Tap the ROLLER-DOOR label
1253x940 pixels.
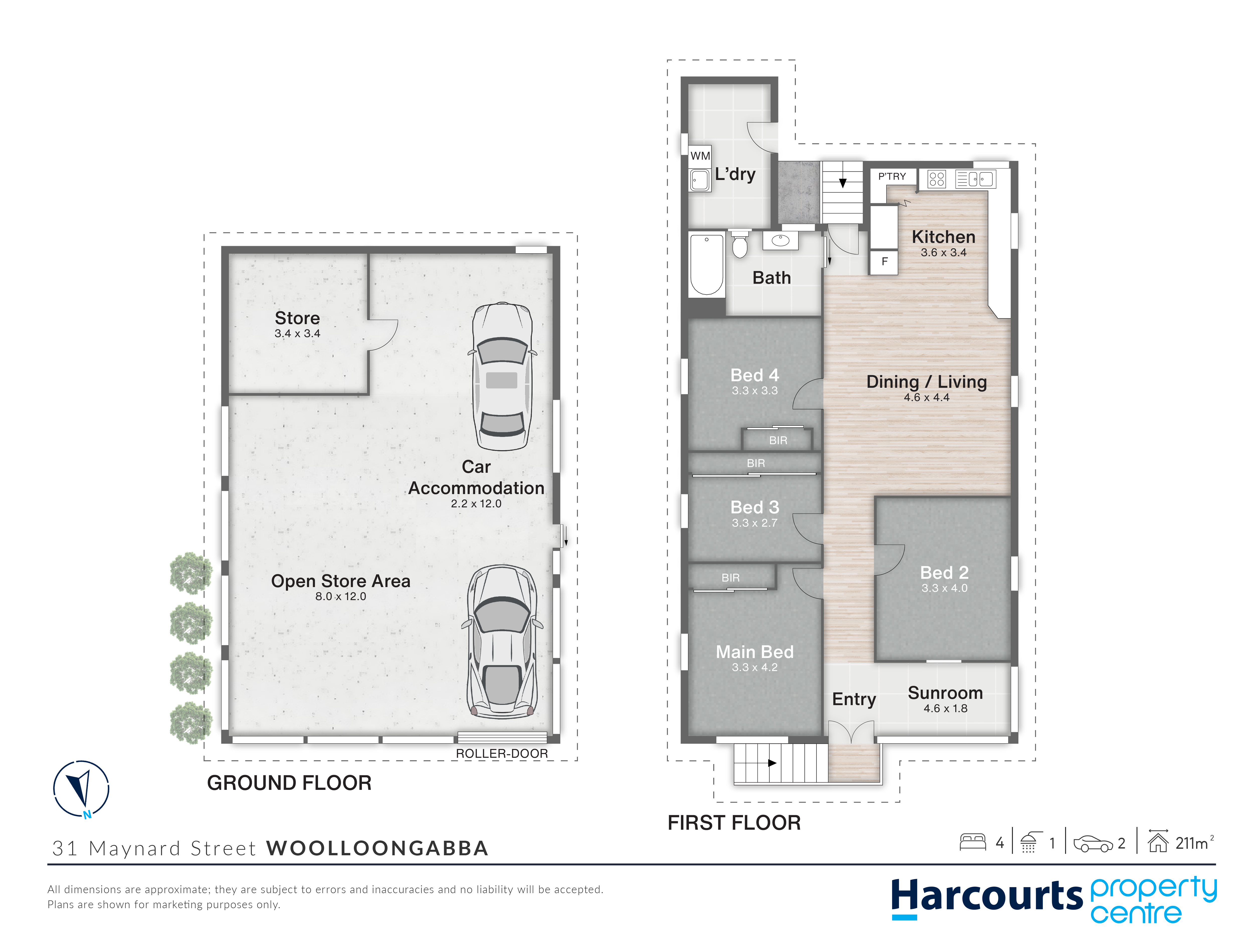[x=502, y=754]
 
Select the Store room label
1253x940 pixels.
[x=297, y=318]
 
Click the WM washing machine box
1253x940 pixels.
[x=700, y=156]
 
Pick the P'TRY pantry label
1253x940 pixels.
[x=892, y=176]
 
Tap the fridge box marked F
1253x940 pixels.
[x=884, y=262]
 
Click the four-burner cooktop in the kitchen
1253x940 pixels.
[x=936, y=179]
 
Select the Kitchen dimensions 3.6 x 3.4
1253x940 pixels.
[x=944, y=253]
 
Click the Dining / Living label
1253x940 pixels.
[x=927, y=382]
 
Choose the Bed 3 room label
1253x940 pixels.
[x=755, y=507]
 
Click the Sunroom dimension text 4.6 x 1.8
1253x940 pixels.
[x=946, y=708]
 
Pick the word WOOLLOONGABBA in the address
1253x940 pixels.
[x=377, y=848]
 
